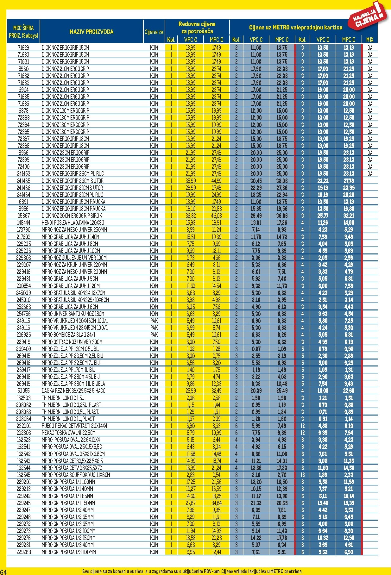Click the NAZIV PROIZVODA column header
[91, 32]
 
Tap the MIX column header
[369, 40]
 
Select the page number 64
[3, 571]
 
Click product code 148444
[23, 223]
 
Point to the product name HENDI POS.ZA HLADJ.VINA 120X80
[73, 223]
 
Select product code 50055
[23, 391]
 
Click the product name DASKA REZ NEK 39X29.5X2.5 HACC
[73, 391]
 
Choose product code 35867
[23, 216]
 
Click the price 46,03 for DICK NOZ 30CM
[217, 216]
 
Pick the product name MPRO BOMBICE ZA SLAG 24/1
[69, 335]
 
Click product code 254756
[23, 314]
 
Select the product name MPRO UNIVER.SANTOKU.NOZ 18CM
[73, 314]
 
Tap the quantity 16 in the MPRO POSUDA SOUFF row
[302, 475]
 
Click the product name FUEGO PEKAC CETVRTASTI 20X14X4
[74, 426]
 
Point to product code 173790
[23, 230]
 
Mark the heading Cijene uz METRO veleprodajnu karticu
[296, 28]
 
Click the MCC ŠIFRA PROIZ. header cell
[23, 32]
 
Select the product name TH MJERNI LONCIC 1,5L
[63, 398]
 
